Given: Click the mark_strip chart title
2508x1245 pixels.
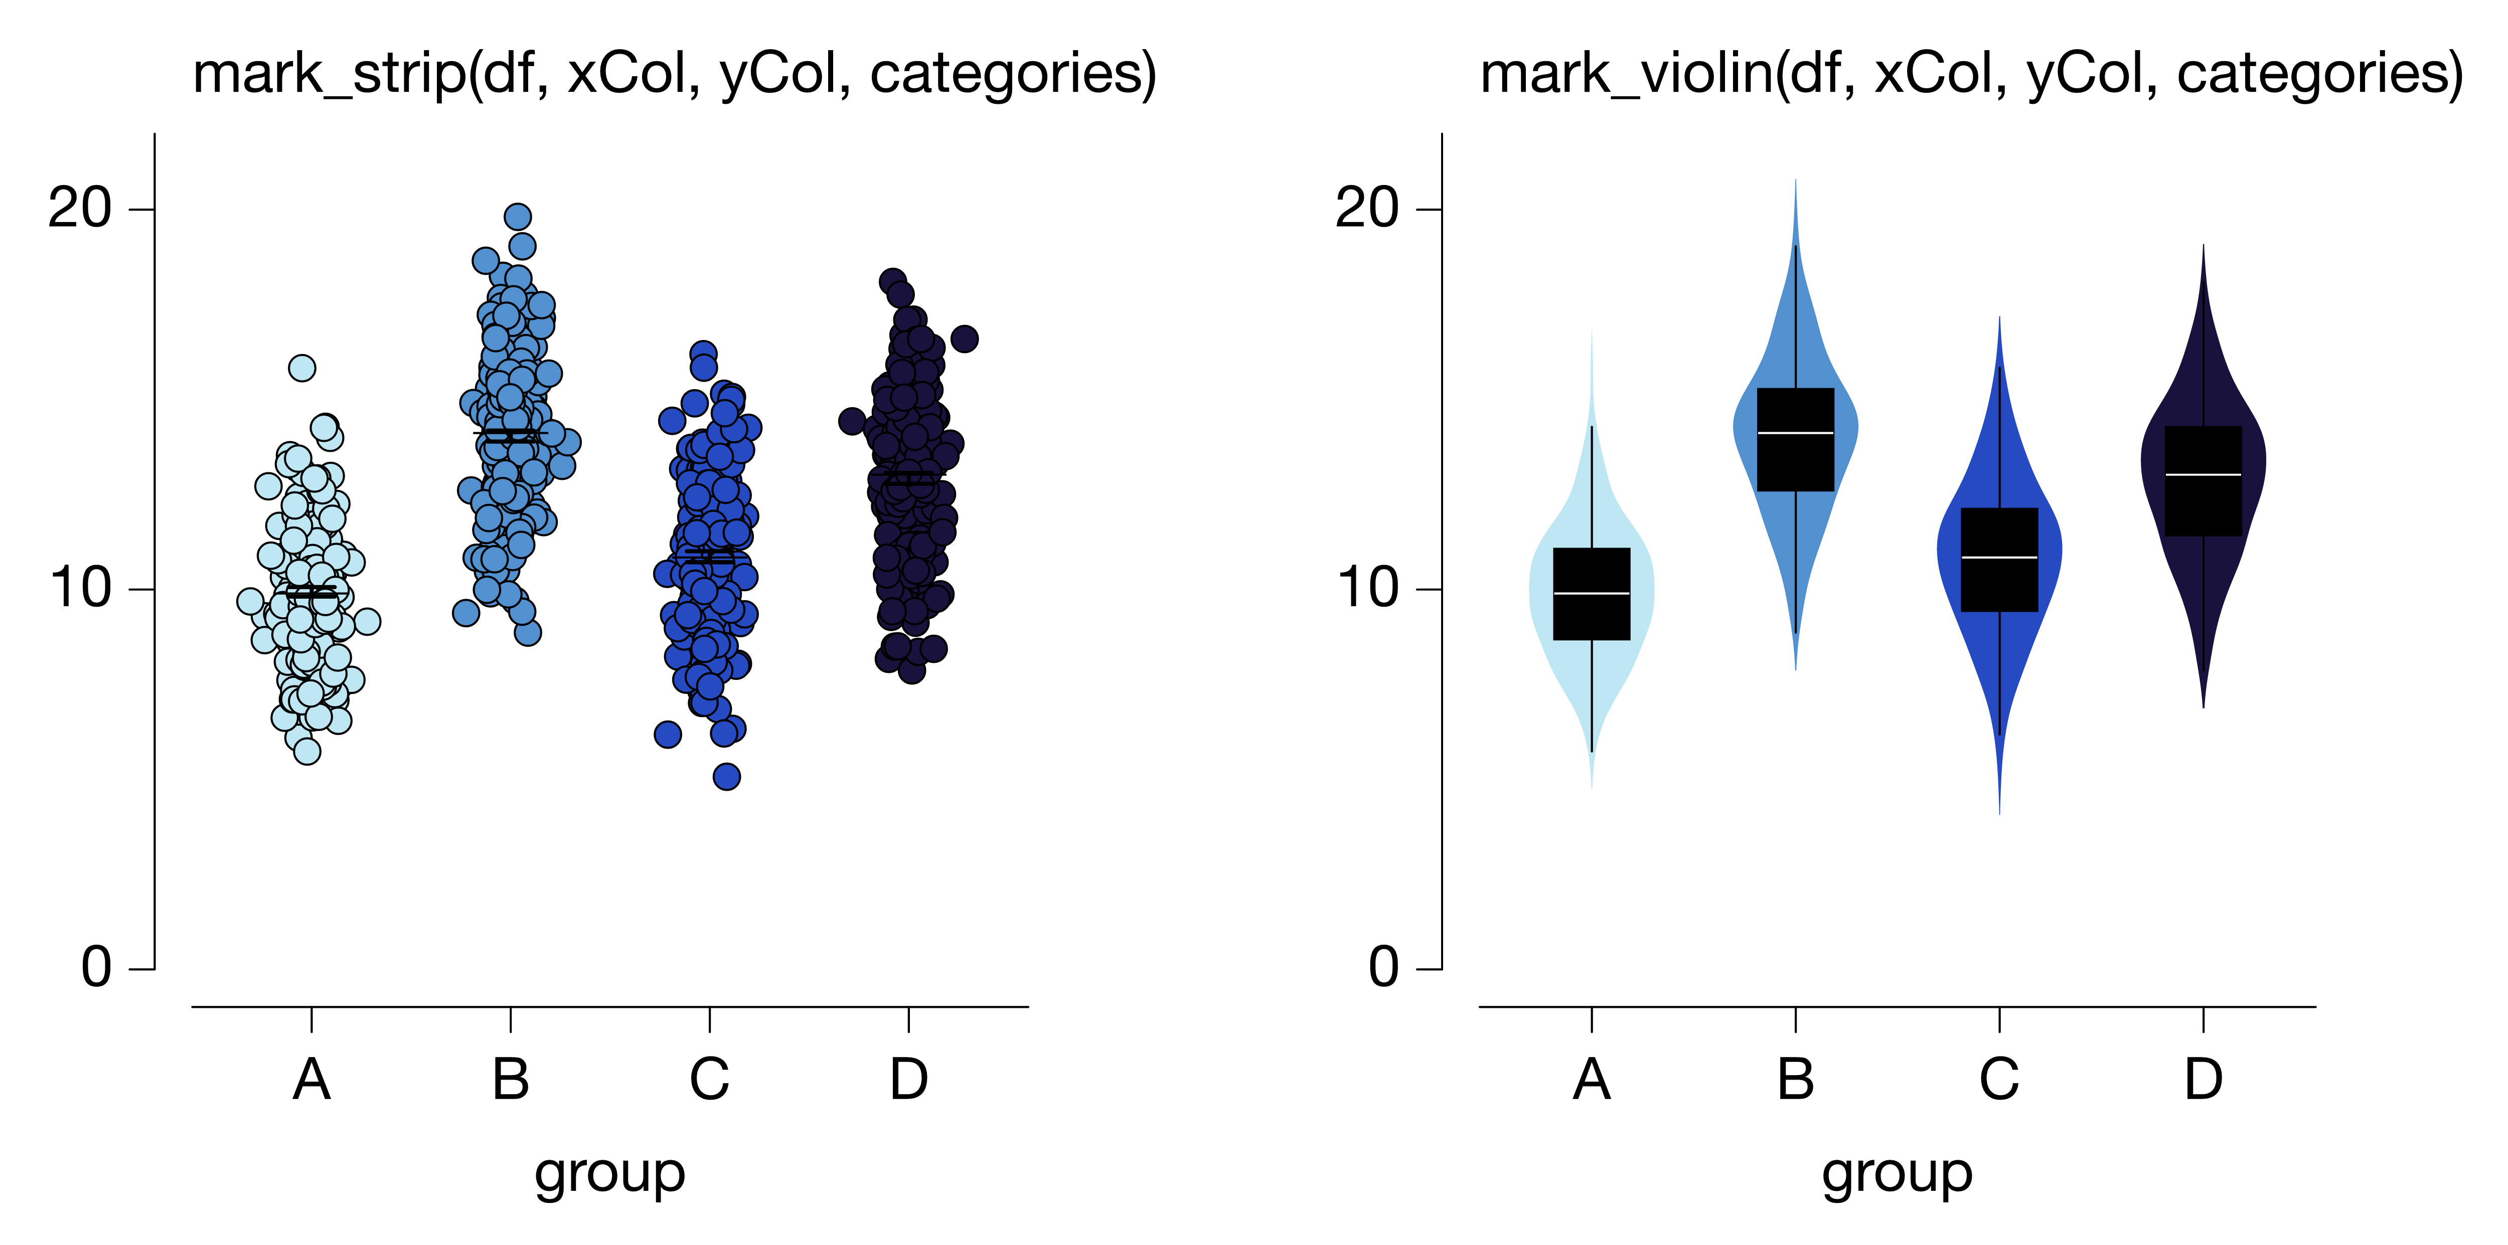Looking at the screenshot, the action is [x=675, y=74].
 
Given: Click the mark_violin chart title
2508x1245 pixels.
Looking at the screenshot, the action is [x=1972, y=74].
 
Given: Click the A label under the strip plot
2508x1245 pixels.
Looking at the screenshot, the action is [x=311, y=1080].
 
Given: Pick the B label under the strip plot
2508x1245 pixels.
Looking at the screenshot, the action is [x=510, y=1080].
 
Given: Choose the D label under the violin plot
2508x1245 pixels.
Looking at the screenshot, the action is [x=2203, y=1080].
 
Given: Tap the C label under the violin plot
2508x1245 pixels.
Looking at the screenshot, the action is [x=1999, y=1080].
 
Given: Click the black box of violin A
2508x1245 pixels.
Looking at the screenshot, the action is [x=1591, y=594].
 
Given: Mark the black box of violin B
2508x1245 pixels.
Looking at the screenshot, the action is [x=1795, y=440].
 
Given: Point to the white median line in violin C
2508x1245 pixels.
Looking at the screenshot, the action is [x=1999, y=558].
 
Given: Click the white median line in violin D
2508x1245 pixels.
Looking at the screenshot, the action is [x=2203, y=475].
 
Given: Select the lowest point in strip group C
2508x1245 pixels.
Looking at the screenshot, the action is [x=726, y=777].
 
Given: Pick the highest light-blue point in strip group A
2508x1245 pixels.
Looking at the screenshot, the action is [x=302, y=368].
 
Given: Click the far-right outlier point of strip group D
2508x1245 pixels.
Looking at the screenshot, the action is [x=964, y=339].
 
